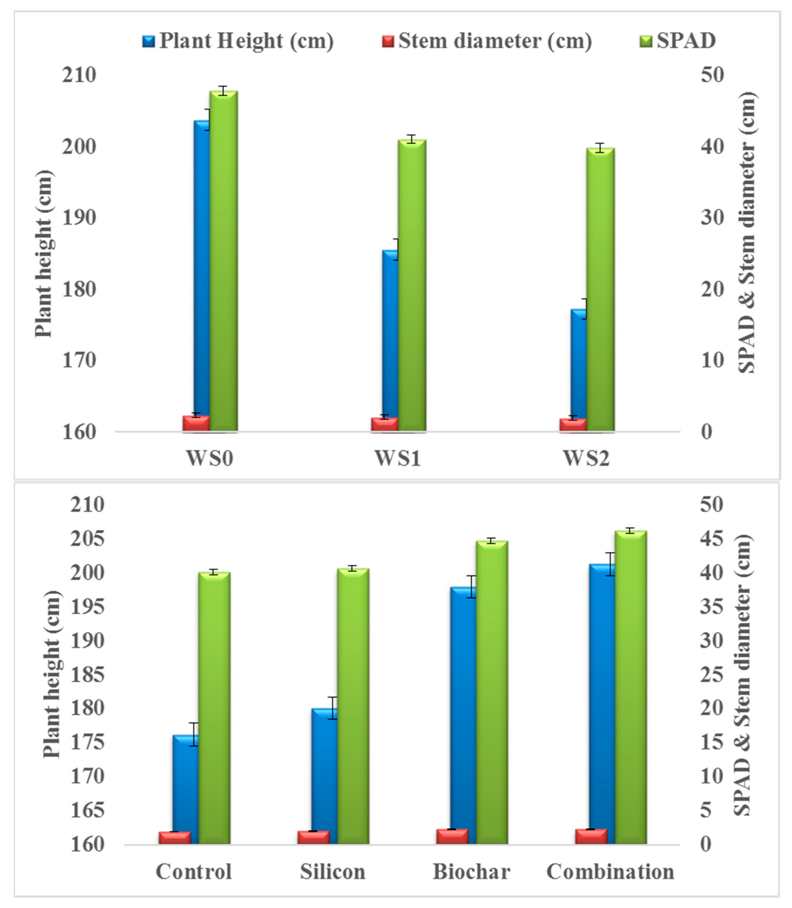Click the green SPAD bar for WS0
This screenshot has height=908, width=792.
(223, 261)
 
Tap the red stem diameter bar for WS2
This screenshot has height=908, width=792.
(573, 424)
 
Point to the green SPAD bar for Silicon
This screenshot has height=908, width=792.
(353, 708)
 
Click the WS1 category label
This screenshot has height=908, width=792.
(397, 458)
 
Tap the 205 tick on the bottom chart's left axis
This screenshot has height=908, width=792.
(87, 539)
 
